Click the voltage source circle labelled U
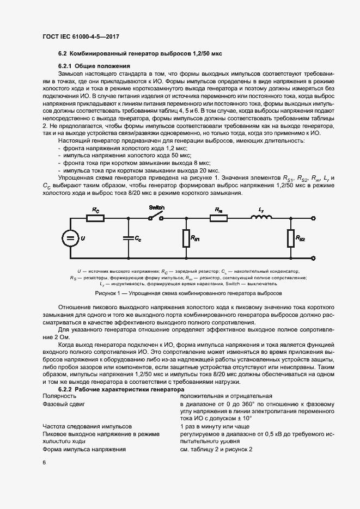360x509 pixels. click(x=69, y=238)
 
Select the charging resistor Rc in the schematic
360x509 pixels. click(x=95, y=218)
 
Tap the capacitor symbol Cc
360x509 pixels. click(x=128, y=238)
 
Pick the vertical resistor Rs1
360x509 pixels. click(x=186, y=238)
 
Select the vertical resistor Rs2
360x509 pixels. click(x=291, y=238)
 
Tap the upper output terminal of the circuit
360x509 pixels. click(x=314, y=218)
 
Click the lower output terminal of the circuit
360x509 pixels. click(x=314, y=259)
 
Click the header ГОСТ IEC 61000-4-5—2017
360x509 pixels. click(x=81, y=37)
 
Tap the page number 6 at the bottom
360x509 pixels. click(x=45, y=462)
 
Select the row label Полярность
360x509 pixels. click(x=58, y=397)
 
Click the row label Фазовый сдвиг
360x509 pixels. click(x=62, y=404)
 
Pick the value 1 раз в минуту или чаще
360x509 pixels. click(x=215, y=427)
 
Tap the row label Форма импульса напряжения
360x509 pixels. click(x=84, y=450)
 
